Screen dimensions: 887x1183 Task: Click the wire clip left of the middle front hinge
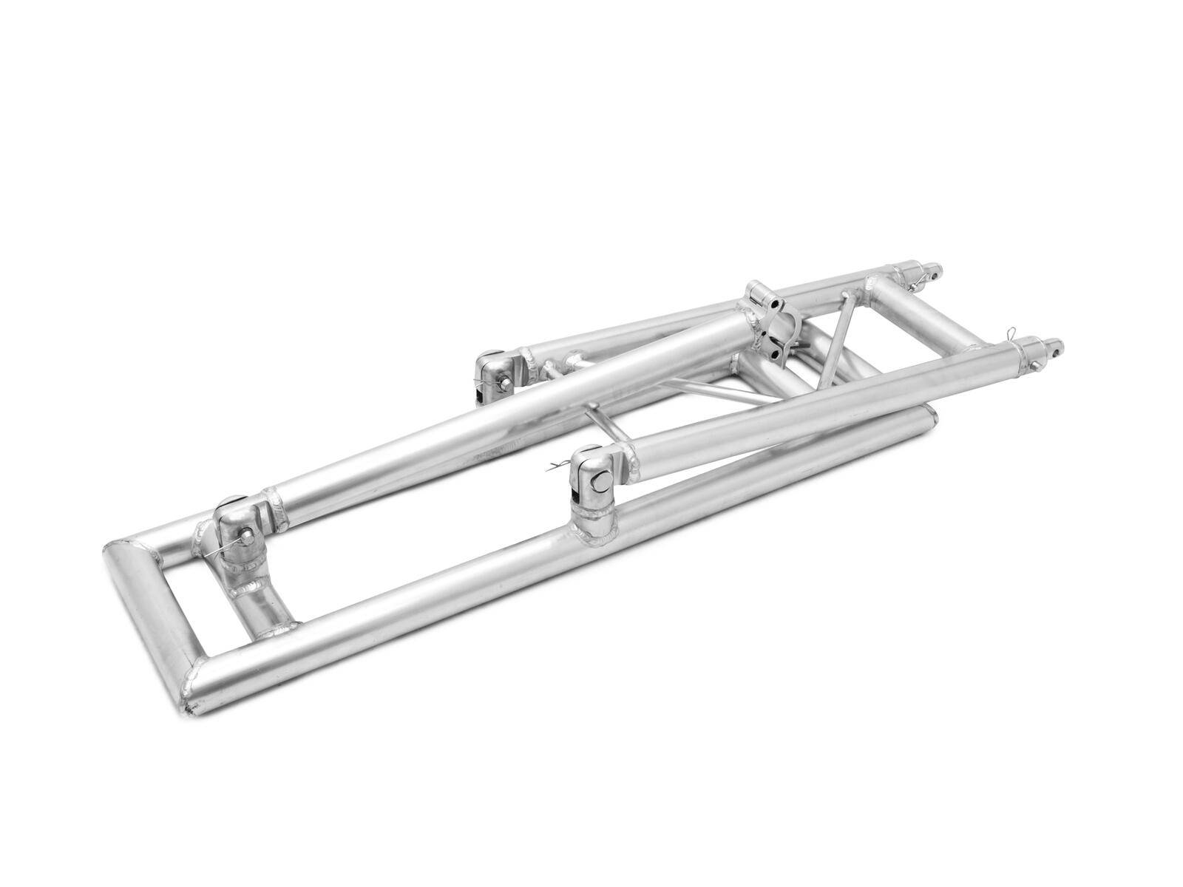(555, 466)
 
